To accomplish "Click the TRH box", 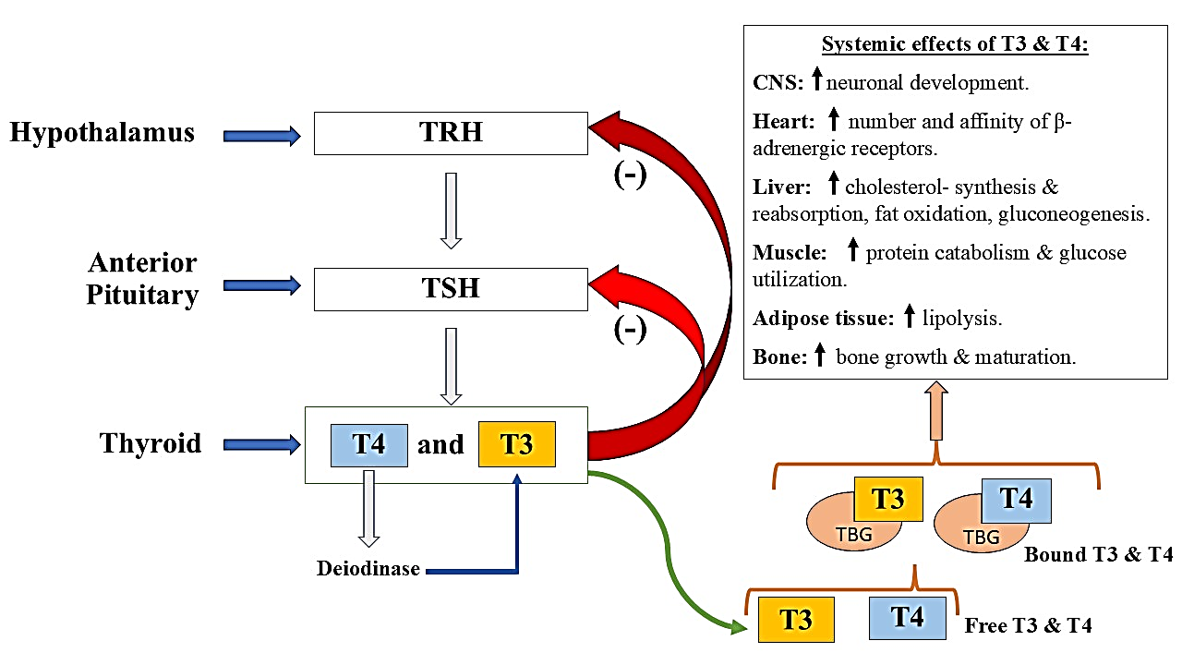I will click(451, 133).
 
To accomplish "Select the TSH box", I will click(451, 289).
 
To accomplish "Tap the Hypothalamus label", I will click(103, 133).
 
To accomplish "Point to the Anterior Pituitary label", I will click(143, 279).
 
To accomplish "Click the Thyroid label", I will click(151, 443).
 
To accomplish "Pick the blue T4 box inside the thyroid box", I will click(369, 444).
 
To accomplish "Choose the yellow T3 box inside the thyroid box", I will click(516, 444).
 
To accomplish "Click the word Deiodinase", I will click(368, 568).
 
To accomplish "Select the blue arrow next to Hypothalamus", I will click(262, 137).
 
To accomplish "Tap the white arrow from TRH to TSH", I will click(451, 210).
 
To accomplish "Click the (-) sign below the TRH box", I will click(630, 175).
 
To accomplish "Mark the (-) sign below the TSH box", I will click(630, 330).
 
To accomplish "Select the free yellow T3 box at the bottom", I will click(796, 619).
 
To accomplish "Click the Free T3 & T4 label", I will click(1028, 625).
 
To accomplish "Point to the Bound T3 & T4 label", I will click(1098, 555).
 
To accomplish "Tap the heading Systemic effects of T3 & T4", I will click(955, 45).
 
